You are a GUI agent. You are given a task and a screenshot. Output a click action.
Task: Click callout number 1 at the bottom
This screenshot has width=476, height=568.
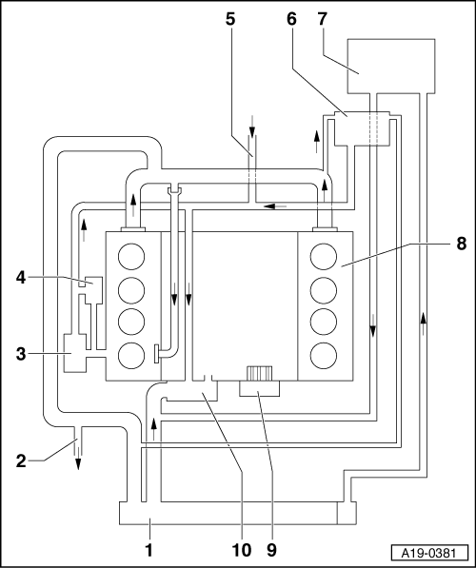pyautogui.click(x=149, y=550)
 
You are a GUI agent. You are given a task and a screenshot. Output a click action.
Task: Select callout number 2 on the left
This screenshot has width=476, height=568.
pyautogui.click(x=21, y=461)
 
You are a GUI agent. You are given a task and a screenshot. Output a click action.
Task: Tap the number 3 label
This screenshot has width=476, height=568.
pyautogui.click(x=21, y=354)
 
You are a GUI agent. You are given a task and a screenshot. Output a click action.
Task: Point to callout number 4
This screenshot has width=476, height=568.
pyautogui.click(x=21, y=278)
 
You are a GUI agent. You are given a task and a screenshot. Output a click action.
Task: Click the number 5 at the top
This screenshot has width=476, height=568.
pyautogui.click(x=230, y=19)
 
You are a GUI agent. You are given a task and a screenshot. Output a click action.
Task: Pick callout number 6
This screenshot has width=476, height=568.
pyautogui.click(x=291, y=19)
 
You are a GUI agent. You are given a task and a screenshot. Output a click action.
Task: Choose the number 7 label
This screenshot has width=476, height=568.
pyautogui.click(x=323, y=19)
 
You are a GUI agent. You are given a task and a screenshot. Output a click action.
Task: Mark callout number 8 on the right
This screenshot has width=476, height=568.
pyautogui.click(x=461, y=244)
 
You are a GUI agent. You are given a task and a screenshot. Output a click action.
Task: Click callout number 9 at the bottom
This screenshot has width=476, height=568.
pyautogui.click(x=271, y=550)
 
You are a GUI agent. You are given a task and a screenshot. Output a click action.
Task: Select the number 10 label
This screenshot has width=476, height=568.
pyautogui.click(x=241, y=550)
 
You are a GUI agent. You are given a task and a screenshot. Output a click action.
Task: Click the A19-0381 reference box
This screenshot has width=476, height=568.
pyautogui.click(x=428, y=553)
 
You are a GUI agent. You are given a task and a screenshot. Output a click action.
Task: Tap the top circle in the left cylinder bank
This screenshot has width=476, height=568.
pyautogui.click(x=131, y=257)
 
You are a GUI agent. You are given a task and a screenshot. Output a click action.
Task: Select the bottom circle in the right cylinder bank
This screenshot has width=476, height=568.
pyautogui.click(x=324, y=356)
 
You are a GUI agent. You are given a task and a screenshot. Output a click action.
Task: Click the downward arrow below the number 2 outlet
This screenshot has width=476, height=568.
pyautogui.click(x=78, y=459)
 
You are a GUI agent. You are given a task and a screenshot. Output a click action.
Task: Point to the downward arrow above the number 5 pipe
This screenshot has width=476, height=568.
pyautogui.click(x=252, y=126)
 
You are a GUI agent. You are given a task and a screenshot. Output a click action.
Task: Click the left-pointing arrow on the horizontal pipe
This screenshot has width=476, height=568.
pyautogui.click(x=275, y=206)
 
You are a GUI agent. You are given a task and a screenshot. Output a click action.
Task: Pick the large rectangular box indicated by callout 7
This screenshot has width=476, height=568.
pyautogui.click(x=391, y=66)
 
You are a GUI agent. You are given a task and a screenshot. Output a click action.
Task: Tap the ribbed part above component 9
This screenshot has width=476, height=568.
pyautogui.click(x=259, y=374)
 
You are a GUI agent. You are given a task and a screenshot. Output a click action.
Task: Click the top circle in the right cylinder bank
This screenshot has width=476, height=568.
pyautogui.click(x=324, y=257)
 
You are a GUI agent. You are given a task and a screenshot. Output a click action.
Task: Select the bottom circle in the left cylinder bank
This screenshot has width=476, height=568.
pyautogui.click(x=131, y=356)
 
